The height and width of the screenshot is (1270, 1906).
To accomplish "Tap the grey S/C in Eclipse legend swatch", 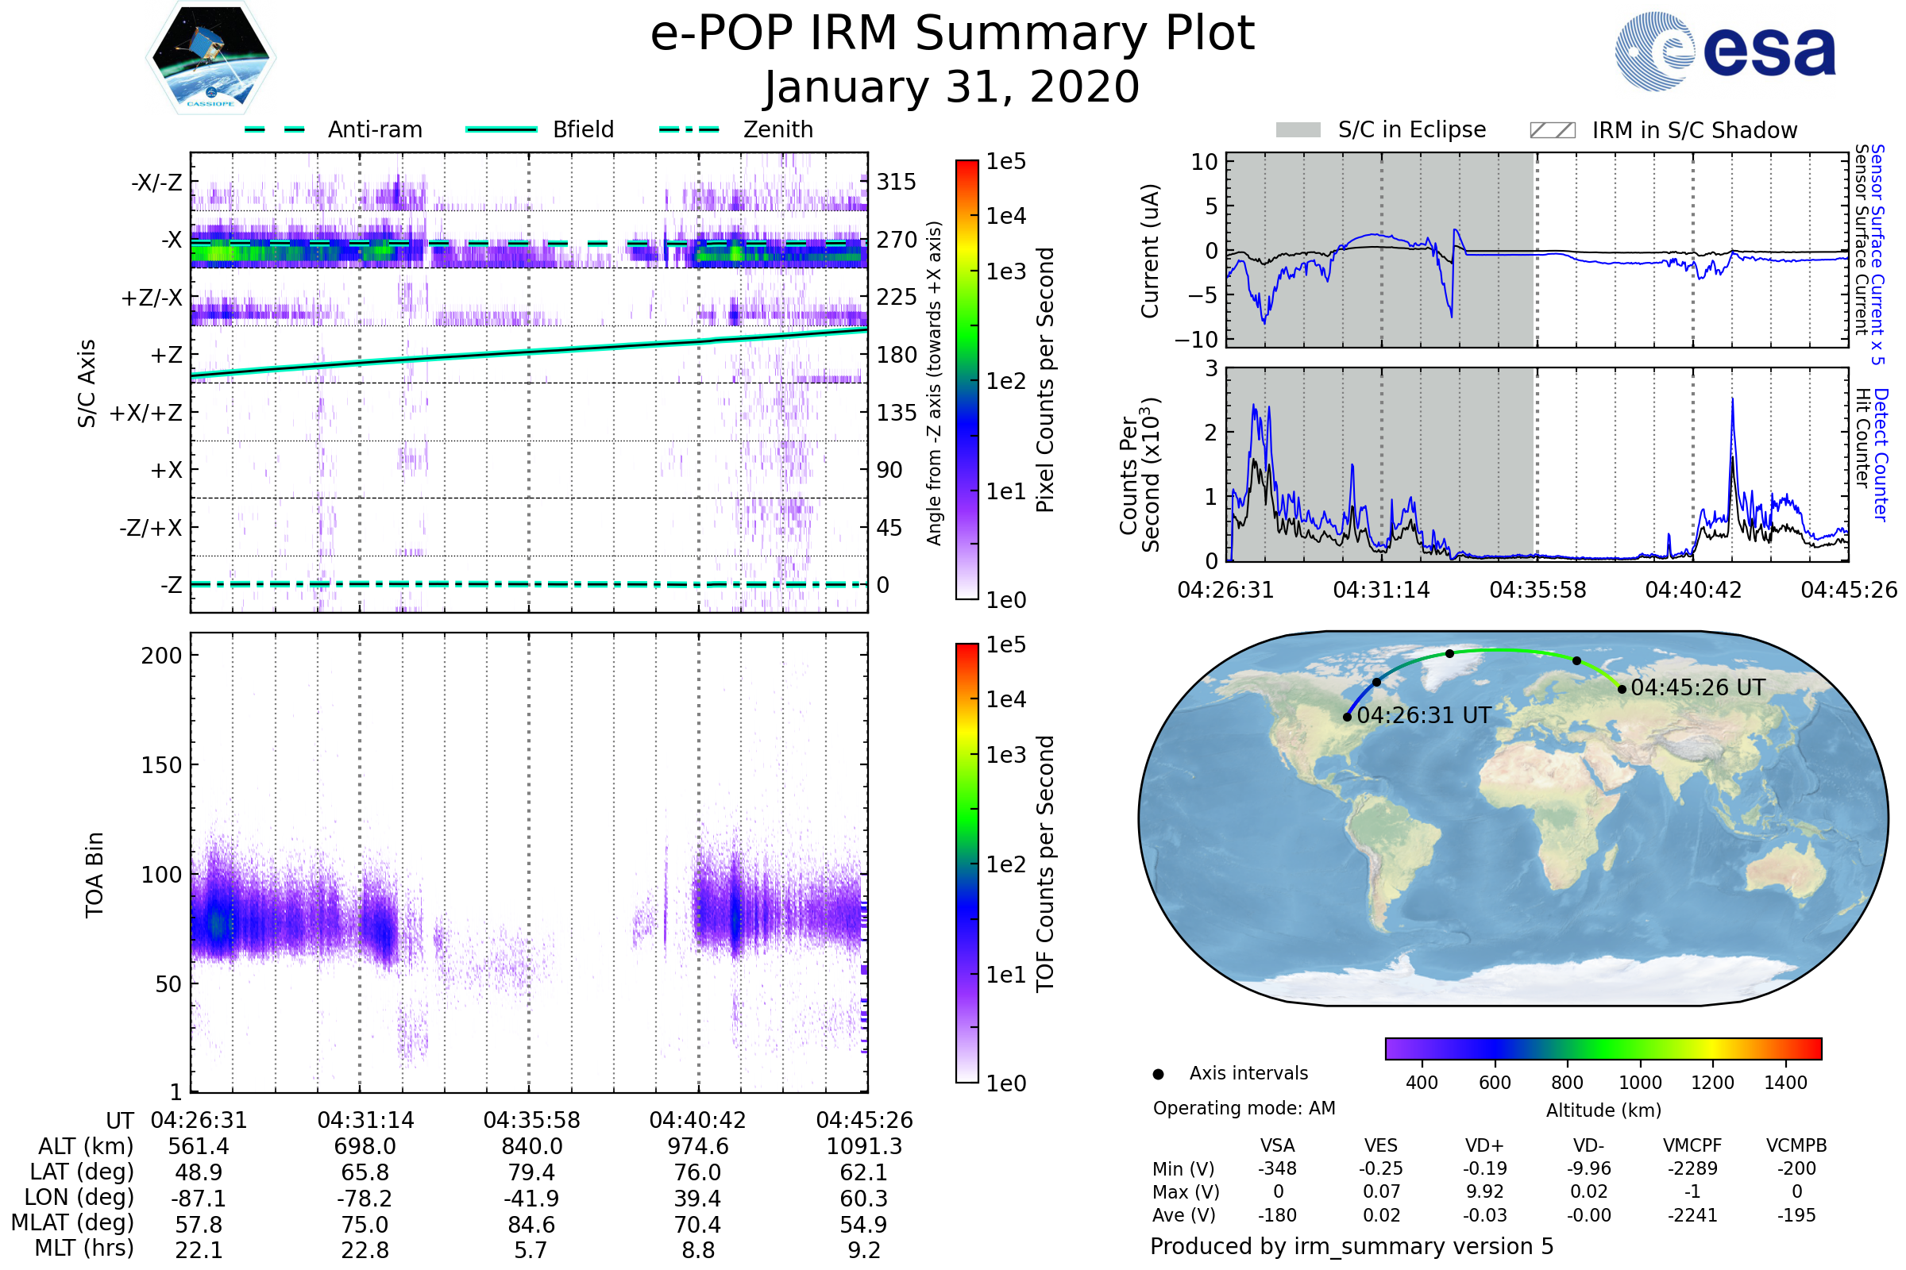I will (x=1298, y=130).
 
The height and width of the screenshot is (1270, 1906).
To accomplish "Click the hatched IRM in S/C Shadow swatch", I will (x=1552, y=130).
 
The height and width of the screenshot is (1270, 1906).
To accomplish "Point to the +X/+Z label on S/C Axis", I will (x=146, y=413).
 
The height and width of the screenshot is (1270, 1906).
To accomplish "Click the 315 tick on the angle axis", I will (x=896, y=182).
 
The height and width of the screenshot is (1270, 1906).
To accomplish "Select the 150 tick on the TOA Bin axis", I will (x=161, y=765).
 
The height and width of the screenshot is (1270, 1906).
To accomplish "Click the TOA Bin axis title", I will (x=94, y=875).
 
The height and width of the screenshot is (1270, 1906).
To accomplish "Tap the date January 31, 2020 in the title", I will (x=952, y=87).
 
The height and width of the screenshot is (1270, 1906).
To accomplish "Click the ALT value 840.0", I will (x=531, y=1146).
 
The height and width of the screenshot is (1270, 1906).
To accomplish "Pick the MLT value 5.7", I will (x=531, y=1249).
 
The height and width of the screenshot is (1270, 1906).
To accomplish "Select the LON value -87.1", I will (x=199, y=1198).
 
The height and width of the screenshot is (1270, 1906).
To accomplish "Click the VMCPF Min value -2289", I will (x=1692, y=1168).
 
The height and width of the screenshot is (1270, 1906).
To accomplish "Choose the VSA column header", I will (x=1277, y=1145).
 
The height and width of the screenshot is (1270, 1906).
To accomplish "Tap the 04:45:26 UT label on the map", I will (x=1698, y=687).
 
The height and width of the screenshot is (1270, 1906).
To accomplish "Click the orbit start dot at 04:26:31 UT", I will (x=1347, y=717).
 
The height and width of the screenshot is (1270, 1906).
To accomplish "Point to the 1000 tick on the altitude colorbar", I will (x=1640, y=1083).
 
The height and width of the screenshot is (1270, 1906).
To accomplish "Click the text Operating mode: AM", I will (x=1244, y=1108).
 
